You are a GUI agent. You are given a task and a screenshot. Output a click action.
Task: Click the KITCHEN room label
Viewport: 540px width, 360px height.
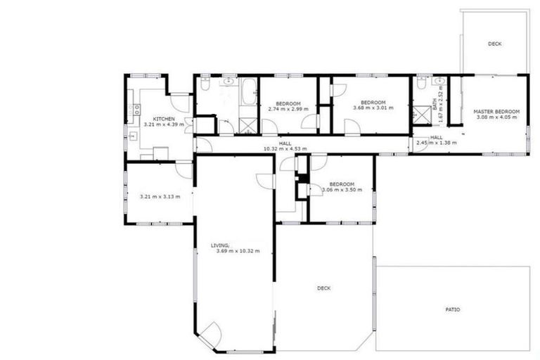click(164, 119)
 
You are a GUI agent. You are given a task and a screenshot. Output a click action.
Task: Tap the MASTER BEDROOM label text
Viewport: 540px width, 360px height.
click(496, 112)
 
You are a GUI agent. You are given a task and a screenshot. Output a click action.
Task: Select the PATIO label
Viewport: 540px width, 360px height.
click(453, 309)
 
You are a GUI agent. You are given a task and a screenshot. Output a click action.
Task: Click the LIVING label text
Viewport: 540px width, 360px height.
click(220, 245)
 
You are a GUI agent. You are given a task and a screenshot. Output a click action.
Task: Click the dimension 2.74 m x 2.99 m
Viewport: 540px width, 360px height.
click(288, 108)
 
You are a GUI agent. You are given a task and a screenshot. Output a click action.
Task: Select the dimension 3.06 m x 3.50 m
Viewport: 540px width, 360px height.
click(342, 190)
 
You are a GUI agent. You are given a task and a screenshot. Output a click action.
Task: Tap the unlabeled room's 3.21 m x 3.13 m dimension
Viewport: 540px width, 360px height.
click(160, 196)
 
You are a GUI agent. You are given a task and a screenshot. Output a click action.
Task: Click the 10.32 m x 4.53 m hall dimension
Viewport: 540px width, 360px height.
click(284, 148)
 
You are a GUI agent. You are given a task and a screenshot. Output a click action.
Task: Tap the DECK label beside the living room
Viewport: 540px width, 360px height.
click(323, 288)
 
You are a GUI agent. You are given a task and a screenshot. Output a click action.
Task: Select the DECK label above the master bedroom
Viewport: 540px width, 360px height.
click(495, 44)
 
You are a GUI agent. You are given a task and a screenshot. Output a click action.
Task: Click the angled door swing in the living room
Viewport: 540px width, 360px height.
click(211, 333)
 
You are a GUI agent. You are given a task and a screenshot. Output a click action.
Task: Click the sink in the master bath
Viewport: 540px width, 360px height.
click(437, 82)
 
